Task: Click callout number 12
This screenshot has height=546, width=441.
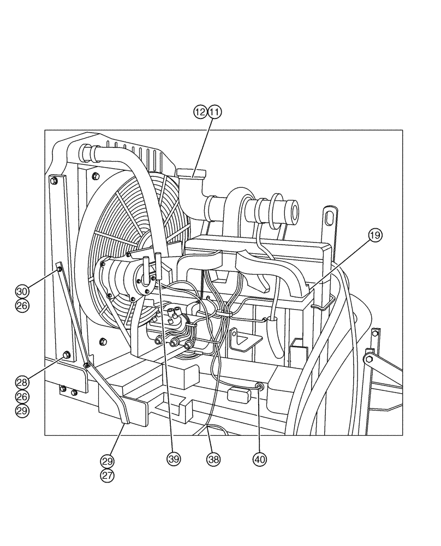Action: pyautogui.click(x=200, y=112)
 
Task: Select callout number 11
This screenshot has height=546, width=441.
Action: pyautogui.click(x=214, y=112)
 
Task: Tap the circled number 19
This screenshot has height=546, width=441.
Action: pyautogui.click(x=375, y=235)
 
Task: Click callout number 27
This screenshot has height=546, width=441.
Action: pyautogui.click(x=108, y=475)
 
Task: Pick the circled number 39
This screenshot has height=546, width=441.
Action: pyautogui.click(x=174, y=459)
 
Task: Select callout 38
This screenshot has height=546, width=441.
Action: pyautogui.click(x=213, y=459)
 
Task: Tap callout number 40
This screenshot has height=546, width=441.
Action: pyautogui.click(x=260, y=459)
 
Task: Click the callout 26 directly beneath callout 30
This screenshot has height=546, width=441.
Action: pyautogui.click(x=21, y=306)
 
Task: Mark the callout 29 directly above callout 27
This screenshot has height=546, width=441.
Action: pyautogui.click(x=108, y=462)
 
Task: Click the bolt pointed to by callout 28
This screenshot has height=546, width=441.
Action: pyautogui.click(x=66, y=355)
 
